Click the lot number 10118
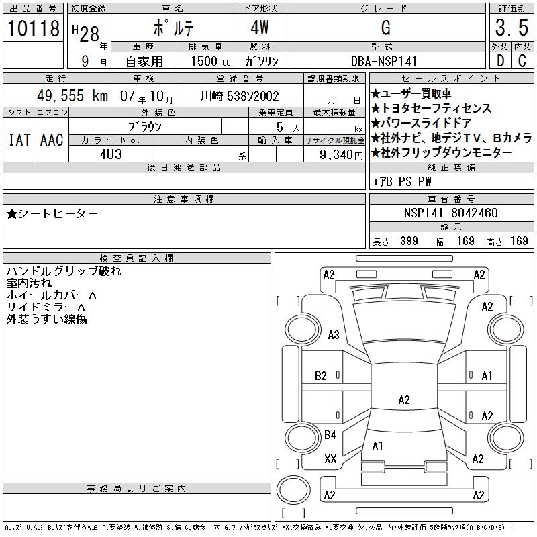[33, 29]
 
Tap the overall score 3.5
[510, 29]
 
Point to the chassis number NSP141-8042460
[451, 213]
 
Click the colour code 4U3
[111, 154]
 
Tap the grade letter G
[385, 28]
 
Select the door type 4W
[261, 28]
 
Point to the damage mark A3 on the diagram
[333, 335]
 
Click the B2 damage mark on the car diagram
[321, 376]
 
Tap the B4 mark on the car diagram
[330, 435]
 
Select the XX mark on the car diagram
[330, 459]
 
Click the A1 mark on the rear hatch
[377, 446]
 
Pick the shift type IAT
[18, 140]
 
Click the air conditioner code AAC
[52, 140]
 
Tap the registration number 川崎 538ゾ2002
[240, 96]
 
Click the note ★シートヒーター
[52, 213]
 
